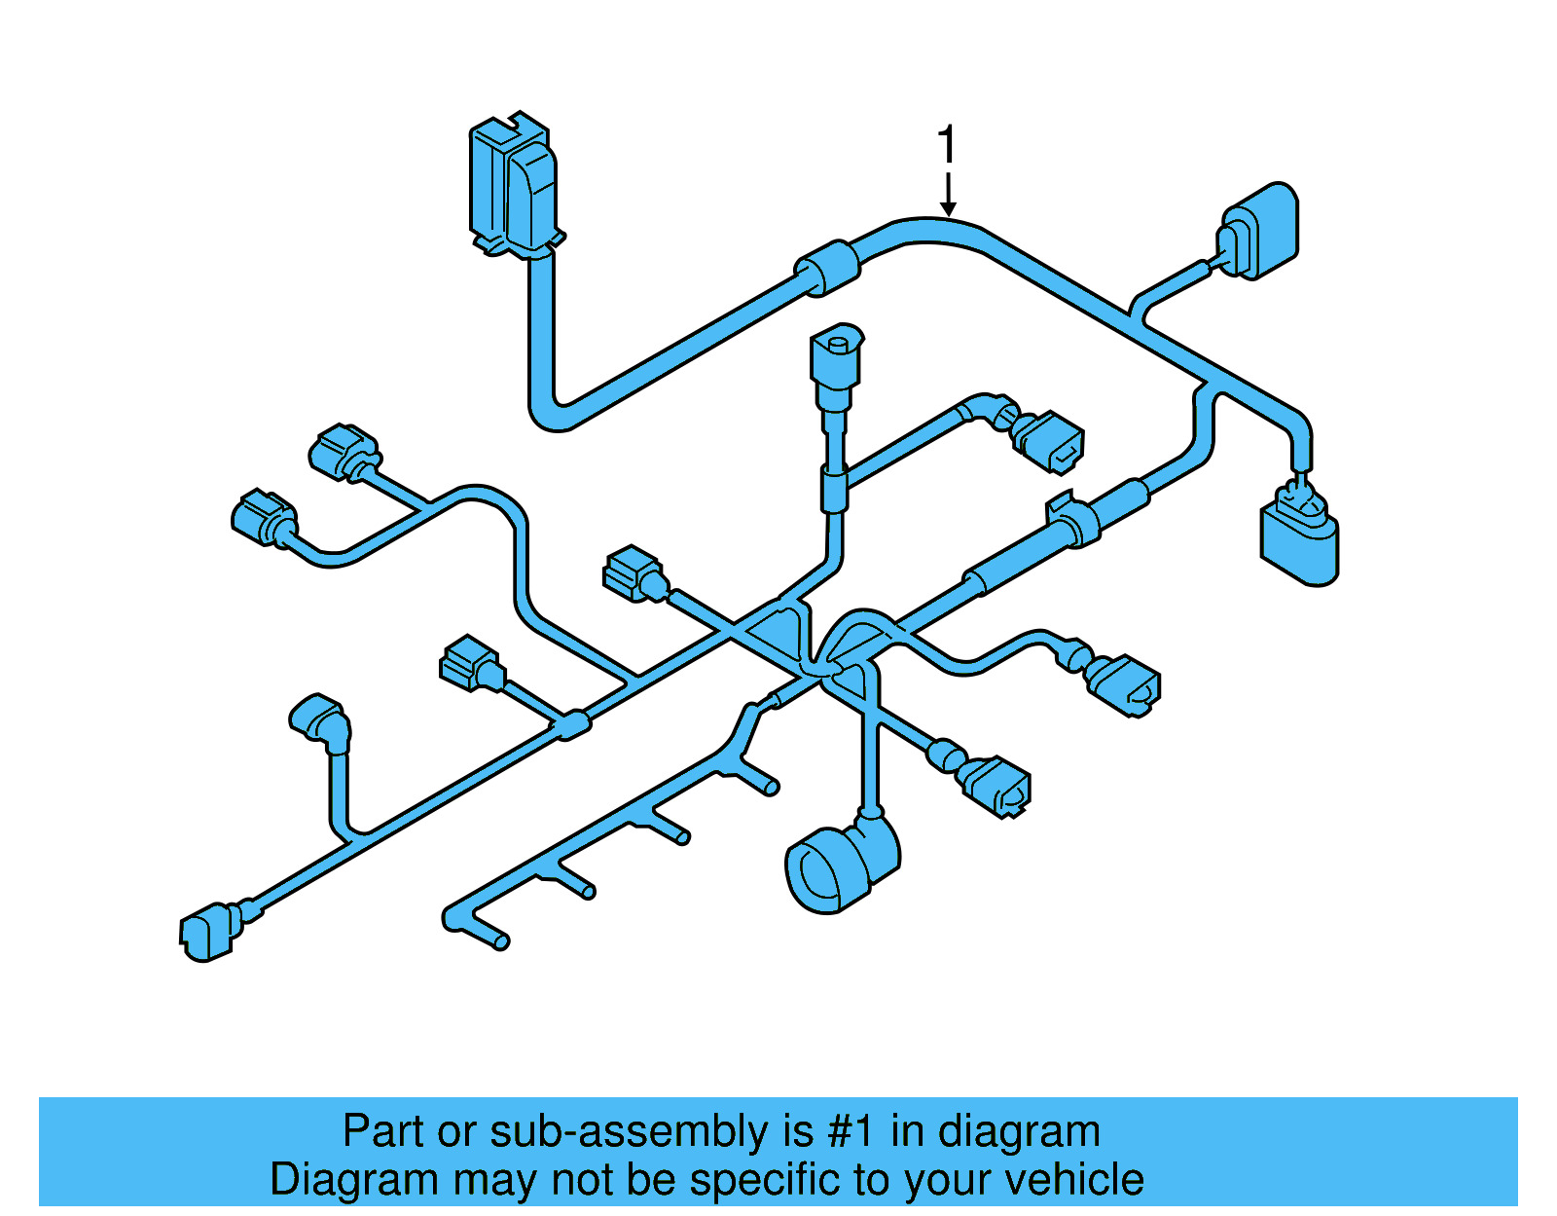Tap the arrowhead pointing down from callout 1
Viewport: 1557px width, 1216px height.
948,208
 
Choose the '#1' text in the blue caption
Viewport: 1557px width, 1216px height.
851,1131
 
